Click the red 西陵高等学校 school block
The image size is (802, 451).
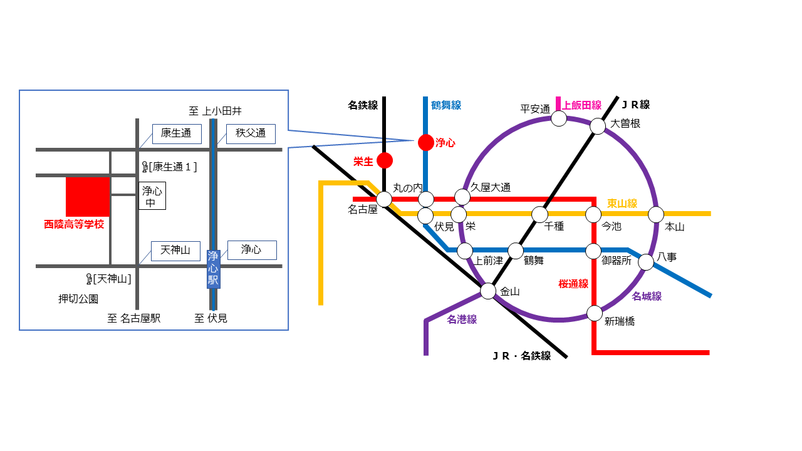click(88, 197)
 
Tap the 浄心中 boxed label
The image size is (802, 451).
click(152, 196)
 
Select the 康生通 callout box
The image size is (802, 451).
click(177, 134)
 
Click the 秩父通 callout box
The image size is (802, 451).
click(251, 134)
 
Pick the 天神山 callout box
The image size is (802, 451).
click(175, 251)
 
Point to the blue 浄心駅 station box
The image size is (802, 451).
click(214, 269)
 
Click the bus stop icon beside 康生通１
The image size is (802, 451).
click(145, 167)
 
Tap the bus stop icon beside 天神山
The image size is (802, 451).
click(89, 279)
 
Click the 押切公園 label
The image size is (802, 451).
click(78, 299)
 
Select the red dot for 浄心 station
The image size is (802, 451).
click(425, 142)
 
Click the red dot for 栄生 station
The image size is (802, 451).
click(385, 160)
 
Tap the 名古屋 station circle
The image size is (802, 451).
click(384, 199)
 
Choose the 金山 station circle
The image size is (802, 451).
click(487, 291)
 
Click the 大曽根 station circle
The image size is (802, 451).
click(598, 127)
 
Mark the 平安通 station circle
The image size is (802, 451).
click(558, 118)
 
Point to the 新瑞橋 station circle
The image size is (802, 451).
click(595, 314)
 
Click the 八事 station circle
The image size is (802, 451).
click(646, 262)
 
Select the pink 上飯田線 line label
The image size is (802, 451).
click(582, 105)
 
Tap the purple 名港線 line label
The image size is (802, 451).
click(462, 319)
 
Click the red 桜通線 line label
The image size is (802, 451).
click(573, 284)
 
